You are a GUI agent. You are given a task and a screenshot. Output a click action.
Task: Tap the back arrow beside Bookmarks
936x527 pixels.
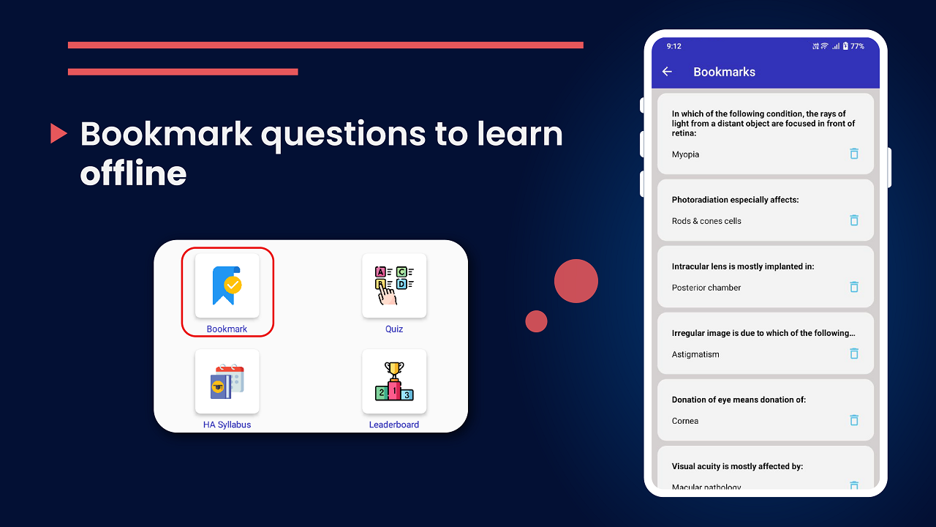pos(667,72)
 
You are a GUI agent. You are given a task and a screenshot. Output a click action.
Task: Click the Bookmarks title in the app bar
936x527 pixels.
pos(724,72)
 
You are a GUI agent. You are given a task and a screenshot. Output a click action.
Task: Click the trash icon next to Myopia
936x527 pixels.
pos(853,154)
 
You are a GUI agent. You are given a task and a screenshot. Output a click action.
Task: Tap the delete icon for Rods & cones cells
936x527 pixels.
pos(853,220)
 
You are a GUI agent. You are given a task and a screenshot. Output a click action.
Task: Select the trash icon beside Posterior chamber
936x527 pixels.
pos(853,287)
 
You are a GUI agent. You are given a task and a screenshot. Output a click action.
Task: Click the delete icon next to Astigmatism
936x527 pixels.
pos(853,354)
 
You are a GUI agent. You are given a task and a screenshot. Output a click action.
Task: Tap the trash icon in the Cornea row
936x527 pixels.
pos(853,420)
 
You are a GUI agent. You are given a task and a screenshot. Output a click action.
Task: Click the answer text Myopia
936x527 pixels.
pos(685,154)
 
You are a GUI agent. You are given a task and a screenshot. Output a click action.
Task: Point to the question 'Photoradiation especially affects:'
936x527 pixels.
pos(734,200)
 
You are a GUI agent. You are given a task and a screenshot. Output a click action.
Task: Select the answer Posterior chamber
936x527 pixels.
pos(706,288)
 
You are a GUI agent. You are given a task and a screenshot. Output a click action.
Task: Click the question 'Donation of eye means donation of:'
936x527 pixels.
pos(739,400)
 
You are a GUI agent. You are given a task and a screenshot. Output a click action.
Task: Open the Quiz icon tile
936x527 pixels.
pos(394,285)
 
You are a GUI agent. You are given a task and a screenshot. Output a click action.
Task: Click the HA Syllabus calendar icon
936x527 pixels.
pos(227,381)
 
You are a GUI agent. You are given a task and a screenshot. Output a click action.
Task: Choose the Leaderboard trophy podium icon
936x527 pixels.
pos(394,381)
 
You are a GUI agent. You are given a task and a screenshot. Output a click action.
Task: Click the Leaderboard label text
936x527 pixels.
pos(394,425)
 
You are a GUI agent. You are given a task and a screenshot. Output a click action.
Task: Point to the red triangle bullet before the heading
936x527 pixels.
pos(58,133)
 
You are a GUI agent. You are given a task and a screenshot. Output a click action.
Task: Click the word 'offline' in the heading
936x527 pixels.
pos(133,173)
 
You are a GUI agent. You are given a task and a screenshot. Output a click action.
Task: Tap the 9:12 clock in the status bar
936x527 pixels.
pos(673,46)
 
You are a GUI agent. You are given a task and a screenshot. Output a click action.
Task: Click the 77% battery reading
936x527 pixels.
pos(857,46)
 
